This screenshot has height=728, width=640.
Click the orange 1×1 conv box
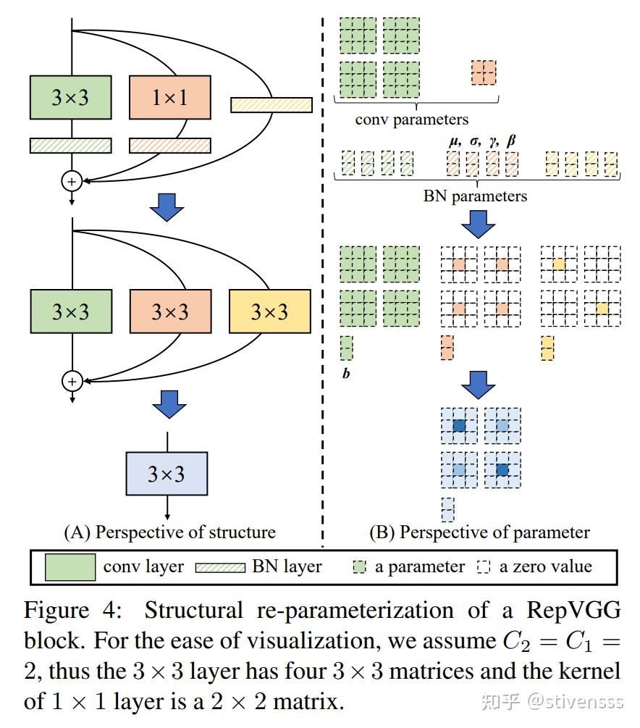tap(170, 97)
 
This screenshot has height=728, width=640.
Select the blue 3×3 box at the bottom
tap(167, 474)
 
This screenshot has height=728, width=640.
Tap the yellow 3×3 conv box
tap(269, 311)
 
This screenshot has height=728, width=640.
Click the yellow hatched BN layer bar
tap(271, 105)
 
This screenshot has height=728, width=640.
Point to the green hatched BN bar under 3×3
tap(70, 145)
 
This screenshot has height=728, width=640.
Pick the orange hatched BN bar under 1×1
tap(170, 145)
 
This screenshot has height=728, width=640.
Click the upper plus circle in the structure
tap(71, 179)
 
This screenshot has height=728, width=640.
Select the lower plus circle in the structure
tap(71, 380)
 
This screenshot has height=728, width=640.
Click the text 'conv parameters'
tap(411, 119)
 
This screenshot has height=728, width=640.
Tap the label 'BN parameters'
tap(475, 196)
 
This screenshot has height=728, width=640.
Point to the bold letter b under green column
tap(346, 375)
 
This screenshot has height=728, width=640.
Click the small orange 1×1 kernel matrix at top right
tap(483, 73)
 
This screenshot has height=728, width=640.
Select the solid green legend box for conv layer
tap(70, 566)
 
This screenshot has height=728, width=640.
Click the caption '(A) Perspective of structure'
tap(170, 532)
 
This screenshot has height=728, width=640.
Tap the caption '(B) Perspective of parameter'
tap(479, 532)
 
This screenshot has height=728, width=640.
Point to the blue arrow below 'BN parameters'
tap(478, 224)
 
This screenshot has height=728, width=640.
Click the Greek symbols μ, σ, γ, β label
tap(482, 140)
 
